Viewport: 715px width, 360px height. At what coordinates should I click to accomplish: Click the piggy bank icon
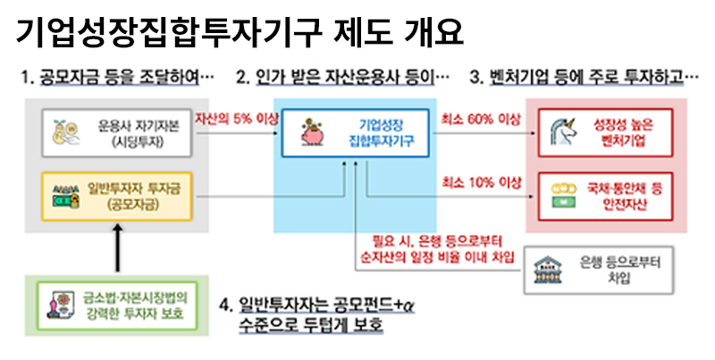click(312, 132)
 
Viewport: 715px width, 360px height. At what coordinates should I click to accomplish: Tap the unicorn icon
click(563, 132)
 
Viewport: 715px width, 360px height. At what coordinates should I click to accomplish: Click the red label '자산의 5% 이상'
click(236, 120)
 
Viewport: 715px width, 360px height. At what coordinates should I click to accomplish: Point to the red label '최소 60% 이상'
click(480, 120)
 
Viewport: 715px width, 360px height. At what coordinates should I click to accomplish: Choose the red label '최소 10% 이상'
click(481, 183)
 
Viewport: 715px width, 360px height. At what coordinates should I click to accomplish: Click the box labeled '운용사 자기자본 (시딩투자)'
click(117, 133)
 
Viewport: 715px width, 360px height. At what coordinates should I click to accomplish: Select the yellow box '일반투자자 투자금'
click(117, 197)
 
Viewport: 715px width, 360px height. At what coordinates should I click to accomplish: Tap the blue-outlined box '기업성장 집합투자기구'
click(355, 133)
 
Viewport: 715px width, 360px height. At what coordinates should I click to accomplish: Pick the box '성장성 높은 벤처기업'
click(606, 132)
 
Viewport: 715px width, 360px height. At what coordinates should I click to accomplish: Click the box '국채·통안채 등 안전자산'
click(606, 197)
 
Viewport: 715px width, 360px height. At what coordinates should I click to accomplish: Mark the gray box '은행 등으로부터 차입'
click(598, 270)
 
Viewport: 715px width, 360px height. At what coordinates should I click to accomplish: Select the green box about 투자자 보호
click(117, 306)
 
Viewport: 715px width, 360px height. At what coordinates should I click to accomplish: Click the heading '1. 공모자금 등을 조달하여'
click(117, 77)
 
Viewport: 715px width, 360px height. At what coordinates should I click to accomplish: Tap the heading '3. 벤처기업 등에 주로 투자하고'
click(584, 77)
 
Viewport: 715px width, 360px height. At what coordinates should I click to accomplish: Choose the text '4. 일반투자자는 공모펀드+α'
click(317, 305)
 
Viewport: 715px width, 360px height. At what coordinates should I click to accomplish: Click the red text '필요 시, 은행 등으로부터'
click(437, 240)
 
